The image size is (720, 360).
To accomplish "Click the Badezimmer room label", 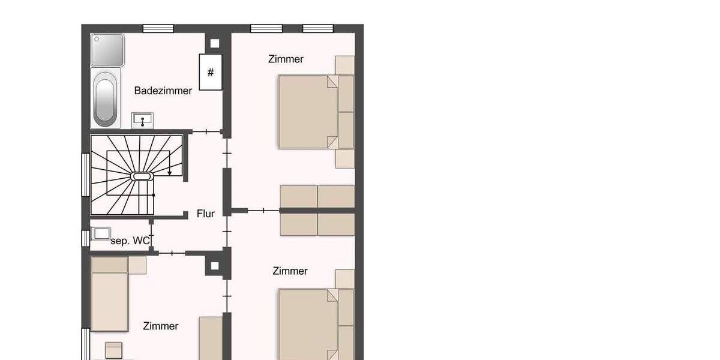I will (x=163, y=91).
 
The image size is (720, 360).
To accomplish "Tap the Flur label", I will (x=206, y=214).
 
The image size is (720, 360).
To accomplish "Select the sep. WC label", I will (x=130, y=241).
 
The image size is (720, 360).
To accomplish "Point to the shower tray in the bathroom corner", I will (x=107, y=50).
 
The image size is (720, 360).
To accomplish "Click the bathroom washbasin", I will (x=142, y=120).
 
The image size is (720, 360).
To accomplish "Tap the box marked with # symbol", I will (x=210, y=73).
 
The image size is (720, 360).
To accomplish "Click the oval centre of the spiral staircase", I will (x=141, y=176).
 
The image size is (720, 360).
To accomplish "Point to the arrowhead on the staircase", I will (x=170, y=173).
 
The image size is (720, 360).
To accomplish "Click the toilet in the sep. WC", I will (x=102, y=233).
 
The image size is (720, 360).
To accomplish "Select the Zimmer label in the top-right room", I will (x=286, y=59).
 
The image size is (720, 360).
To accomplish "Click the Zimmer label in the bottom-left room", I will (x=161, y=326).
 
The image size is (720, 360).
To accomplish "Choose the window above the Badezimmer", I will (x=158, y=28).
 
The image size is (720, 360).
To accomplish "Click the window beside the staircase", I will (x=85, y=174).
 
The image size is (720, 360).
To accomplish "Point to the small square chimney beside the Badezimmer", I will (x=214, y=43).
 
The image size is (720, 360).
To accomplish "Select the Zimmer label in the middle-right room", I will (x=290, y=271).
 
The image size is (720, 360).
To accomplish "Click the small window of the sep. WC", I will (x=85, y=238).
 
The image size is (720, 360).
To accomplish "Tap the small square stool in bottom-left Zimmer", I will (x=113, y=349).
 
